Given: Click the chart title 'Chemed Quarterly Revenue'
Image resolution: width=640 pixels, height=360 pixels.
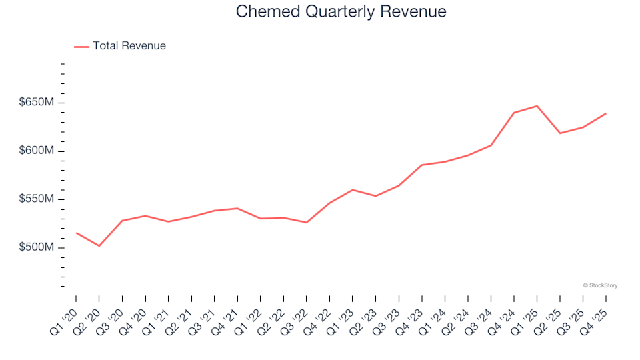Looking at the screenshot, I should point(341,12).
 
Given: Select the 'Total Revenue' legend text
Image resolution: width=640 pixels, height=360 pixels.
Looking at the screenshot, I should point(129,46).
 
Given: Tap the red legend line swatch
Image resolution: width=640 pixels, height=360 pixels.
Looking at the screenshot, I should point(81,47).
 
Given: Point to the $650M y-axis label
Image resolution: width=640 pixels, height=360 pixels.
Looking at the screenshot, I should point(37,103).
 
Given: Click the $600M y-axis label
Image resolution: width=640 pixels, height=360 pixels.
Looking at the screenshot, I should point(37,151).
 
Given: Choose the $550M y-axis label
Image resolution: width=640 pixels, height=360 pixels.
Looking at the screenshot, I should point(37,199).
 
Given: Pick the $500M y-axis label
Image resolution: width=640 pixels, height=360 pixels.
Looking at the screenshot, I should point(37,247).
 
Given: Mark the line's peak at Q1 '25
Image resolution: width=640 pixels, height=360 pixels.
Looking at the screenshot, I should point(537,105).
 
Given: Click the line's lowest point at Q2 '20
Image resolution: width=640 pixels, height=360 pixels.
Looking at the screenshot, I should point(99,246).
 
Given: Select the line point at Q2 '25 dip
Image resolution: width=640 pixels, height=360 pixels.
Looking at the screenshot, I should point(560,133).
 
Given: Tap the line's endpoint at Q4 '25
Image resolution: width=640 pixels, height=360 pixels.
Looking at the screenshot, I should point(605,113).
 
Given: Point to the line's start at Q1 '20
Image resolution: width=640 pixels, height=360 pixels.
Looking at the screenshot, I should point(76,233).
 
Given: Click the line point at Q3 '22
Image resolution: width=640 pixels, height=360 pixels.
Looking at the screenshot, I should point(306,223).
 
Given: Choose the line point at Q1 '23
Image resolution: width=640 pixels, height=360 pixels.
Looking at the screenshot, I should point(352,189).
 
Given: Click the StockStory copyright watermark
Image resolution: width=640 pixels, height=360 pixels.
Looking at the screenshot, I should point(600,285).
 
